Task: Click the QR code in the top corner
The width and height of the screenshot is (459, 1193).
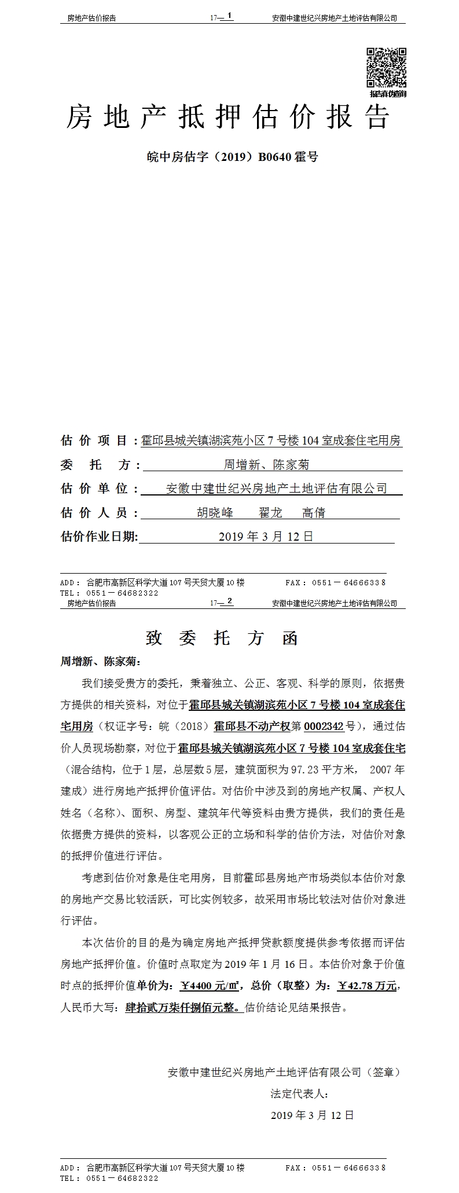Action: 386,68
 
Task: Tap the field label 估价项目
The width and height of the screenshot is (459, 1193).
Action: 95,441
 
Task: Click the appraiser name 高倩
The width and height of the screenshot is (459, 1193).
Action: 314,513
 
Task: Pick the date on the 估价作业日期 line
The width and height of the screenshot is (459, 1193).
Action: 266,537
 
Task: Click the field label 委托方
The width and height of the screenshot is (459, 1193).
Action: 98,465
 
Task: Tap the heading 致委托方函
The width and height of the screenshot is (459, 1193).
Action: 222,638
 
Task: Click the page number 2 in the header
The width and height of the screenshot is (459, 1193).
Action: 230,601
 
